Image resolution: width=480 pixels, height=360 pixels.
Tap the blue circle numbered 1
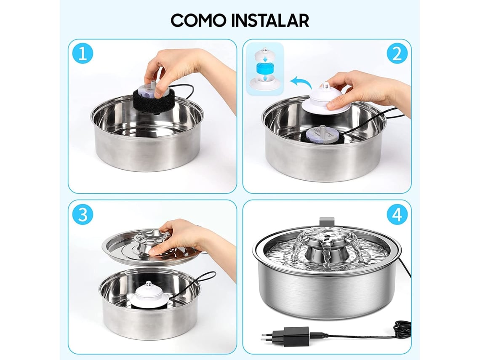point(83,54)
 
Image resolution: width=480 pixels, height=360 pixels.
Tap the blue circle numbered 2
point(397,54)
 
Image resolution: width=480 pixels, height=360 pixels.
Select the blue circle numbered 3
point(83,215)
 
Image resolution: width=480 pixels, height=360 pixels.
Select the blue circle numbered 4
point(397,215)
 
